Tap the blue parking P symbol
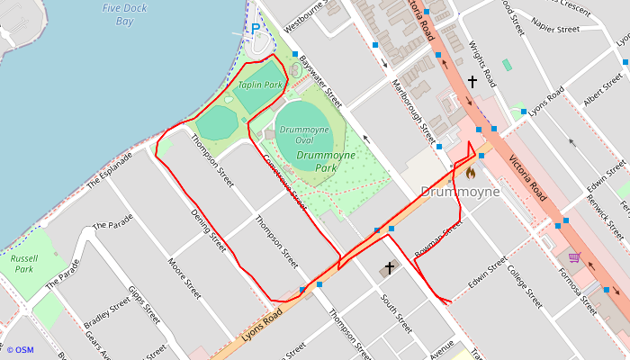[255, 29]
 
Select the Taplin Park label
[260, 85]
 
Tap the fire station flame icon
[469, 171]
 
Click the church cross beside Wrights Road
[472, 82]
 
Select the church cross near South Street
[390, 267]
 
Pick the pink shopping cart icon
[573, 257]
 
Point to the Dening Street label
[209, 230]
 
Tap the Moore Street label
[184, 279]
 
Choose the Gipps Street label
[144, 306]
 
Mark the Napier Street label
[555, 30]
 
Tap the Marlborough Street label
[413, 107]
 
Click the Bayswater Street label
[321, 78]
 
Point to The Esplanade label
[110, 170]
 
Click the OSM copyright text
[19, 350]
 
